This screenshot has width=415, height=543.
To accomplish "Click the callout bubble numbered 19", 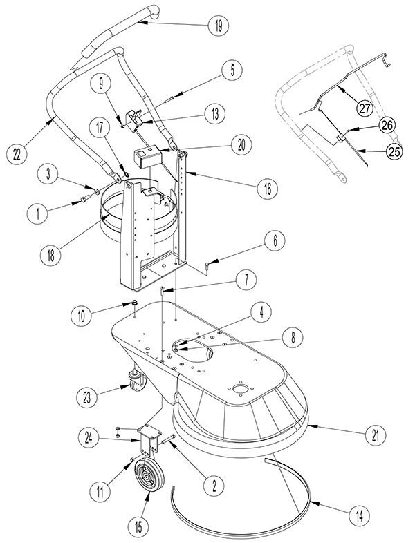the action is (219, 26).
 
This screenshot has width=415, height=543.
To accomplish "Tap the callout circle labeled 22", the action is (17, 153).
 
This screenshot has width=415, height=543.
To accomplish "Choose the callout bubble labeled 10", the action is (81, 316).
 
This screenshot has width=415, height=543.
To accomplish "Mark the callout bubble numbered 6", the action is (275, 240).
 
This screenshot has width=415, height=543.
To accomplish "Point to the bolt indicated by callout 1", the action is (85, 198).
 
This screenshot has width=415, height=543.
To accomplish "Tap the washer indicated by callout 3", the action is (96, 191).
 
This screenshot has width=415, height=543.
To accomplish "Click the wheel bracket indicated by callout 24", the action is (150, 439).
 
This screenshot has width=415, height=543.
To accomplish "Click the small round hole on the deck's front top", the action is (239, 389).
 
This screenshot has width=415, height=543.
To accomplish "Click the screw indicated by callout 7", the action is (162, 290).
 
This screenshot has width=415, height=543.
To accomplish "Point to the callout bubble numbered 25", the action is (394, 151).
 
